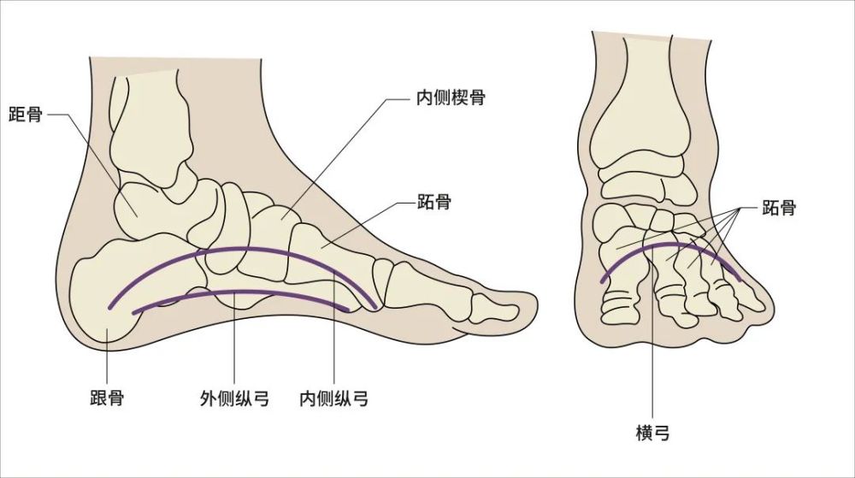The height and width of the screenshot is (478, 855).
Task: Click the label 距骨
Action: tap(25, 115)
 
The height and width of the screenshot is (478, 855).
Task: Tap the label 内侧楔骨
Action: tap(451, 98)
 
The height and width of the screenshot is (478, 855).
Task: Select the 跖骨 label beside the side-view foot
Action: tap(434, 202)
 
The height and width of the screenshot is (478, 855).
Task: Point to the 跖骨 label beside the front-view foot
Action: tap(779, 208)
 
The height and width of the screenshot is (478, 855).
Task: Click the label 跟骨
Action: tap(107, 398)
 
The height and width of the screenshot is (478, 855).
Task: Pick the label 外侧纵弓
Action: tap(234, 399)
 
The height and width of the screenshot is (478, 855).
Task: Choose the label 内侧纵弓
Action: tap(333, 399)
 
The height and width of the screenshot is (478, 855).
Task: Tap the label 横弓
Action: tap(652, 434)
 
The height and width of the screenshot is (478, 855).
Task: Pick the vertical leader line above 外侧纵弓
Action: tap(234, 338)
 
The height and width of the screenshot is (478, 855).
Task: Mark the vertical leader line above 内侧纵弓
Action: tap(333, 326)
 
